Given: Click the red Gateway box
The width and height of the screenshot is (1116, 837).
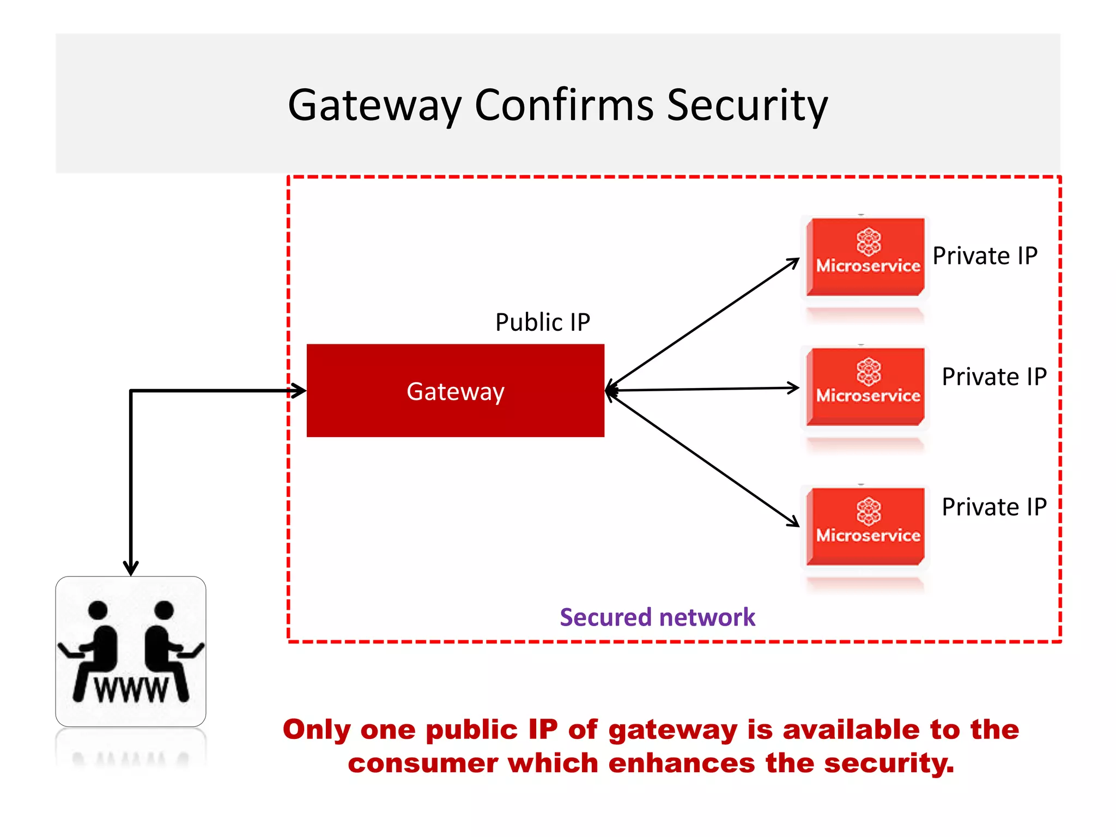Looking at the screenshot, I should click(x=455, y=390).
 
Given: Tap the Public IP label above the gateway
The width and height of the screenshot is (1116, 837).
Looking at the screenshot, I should click(x=542, y=322).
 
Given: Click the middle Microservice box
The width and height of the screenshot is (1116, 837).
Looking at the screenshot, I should click(x=866, y=387).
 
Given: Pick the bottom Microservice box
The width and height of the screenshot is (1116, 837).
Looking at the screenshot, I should click(x=866, y=526).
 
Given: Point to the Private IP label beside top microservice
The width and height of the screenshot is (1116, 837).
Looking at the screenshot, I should click(x=985, y=256).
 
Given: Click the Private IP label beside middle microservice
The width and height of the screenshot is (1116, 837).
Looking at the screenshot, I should click(x=994, y=377).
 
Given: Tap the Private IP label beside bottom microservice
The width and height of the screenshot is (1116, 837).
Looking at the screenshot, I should click(x=994, y=507).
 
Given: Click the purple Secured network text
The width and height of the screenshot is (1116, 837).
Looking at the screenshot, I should click(x=657, y=617).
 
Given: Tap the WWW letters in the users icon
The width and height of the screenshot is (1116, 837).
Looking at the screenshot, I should click(x=131, y=690).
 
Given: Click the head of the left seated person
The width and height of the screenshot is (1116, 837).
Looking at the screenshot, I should click(x=98, y=610).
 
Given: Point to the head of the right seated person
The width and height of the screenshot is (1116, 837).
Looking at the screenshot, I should click(x=163, y=610).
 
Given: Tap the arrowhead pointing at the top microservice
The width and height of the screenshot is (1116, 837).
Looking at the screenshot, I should click(x=793, y=263).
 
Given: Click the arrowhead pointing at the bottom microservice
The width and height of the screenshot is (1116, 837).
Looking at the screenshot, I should click(x=793, y=521).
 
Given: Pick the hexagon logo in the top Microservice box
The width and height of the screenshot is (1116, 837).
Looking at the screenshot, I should click(x=869, y=242).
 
